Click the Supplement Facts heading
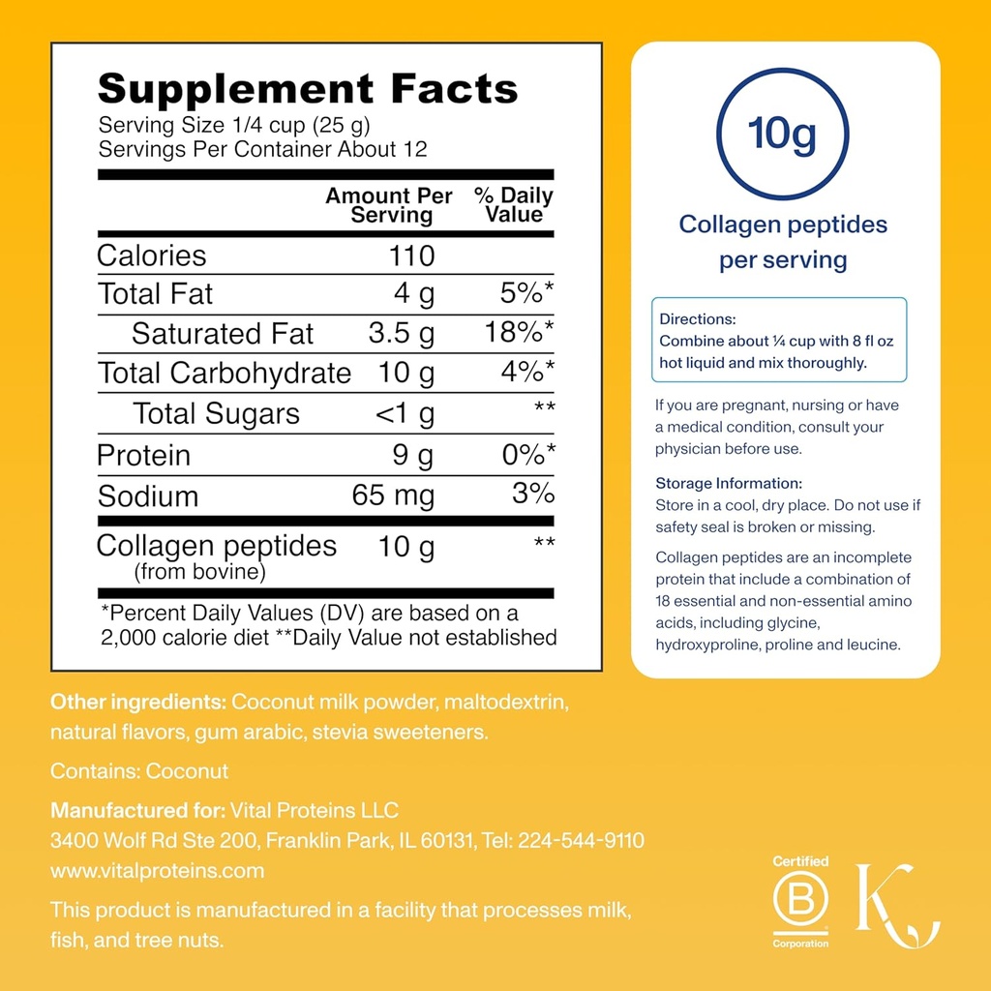coord(308,89)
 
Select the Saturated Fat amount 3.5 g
coord(402,334)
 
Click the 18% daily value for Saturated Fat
coord(520,334)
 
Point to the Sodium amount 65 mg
coord(393,496)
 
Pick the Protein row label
coord(144,456)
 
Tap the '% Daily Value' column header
coord(514,204)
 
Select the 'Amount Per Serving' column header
coord(389,204)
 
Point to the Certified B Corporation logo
coord(800,902)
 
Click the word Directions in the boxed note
coord(698,318)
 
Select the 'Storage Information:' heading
coord(729,483)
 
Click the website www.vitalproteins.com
coord(157,870)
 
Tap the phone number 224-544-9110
coord(582,840)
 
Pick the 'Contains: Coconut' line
coord(139,770)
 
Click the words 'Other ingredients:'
coord(138,701)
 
